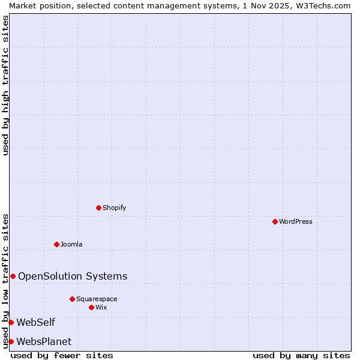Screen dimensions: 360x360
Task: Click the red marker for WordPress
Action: click(x=275, y=221)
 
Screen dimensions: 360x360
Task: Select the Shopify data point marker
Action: click(x=98, y=208)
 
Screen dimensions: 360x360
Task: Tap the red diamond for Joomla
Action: click(x=56, y=244)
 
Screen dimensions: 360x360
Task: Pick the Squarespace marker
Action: click(x=72, y=299)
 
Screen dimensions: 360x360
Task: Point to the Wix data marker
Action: click(x=91, y=307)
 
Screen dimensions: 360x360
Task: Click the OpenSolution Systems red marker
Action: click(x=13, y=276)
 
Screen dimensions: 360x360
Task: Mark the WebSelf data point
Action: click(x=11, y=322)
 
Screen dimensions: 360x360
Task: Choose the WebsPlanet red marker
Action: click(x=11, y=341)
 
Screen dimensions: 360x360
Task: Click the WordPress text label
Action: click(x=296, y=221)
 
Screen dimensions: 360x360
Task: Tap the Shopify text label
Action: click(x=115, y=208)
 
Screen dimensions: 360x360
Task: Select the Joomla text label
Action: click(x=71, y=244)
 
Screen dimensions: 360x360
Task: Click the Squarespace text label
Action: click(x=97, y=299)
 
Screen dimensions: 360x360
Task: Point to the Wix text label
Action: click(x=101, y=307)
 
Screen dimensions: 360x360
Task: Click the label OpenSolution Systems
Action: click(x=73, y=276)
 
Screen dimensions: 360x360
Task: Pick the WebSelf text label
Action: click(x=36, y=322)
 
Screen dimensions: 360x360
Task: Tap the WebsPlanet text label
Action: click(x=44, y=341)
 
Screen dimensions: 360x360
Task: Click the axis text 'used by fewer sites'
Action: click(x=62, y=355)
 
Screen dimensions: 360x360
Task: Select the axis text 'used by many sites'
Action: click(x=301, y=355)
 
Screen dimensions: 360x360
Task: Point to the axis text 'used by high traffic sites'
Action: click(x=5, y=85)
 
